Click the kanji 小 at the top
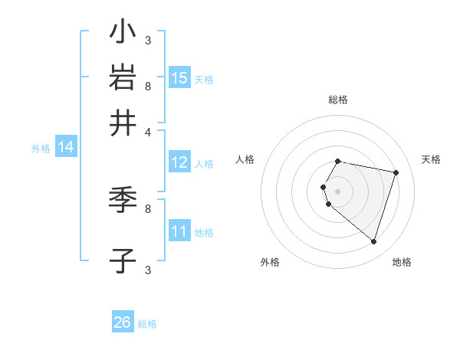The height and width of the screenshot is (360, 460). tap(123, 34)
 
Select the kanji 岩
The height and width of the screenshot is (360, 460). tap(123, 78)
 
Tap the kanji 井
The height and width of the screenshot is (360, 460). tap(123, 123)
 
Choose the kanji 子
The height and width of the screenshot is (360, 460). tap(123, 260)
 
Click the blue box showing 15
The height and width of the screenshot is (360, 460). tap(179, 78)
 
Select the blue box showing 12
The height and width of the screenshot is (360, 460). tap(179, 162)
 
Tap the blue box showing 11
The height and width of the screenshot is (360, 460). tap(179, 231)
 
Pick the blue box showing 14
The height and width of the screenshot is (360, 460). tap(66, 148)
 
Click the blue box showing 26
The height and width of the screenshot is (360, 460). tap(123, 322)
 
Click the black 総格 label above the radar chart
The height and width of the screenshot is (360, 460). tap(338, 100)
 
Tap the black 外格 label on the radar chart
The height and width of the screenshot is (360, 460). tap(270, 262)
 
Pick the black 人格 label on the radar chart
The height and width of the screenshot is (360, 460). tap(245, 159)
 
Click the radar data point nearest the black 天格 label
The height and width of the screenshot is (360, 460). tap(396, 172)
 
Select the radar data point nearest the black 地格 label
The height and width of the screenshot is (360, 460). tap(373, 241)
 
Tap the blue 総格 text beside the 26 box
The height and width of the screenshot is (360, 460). tap(147, 324)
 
